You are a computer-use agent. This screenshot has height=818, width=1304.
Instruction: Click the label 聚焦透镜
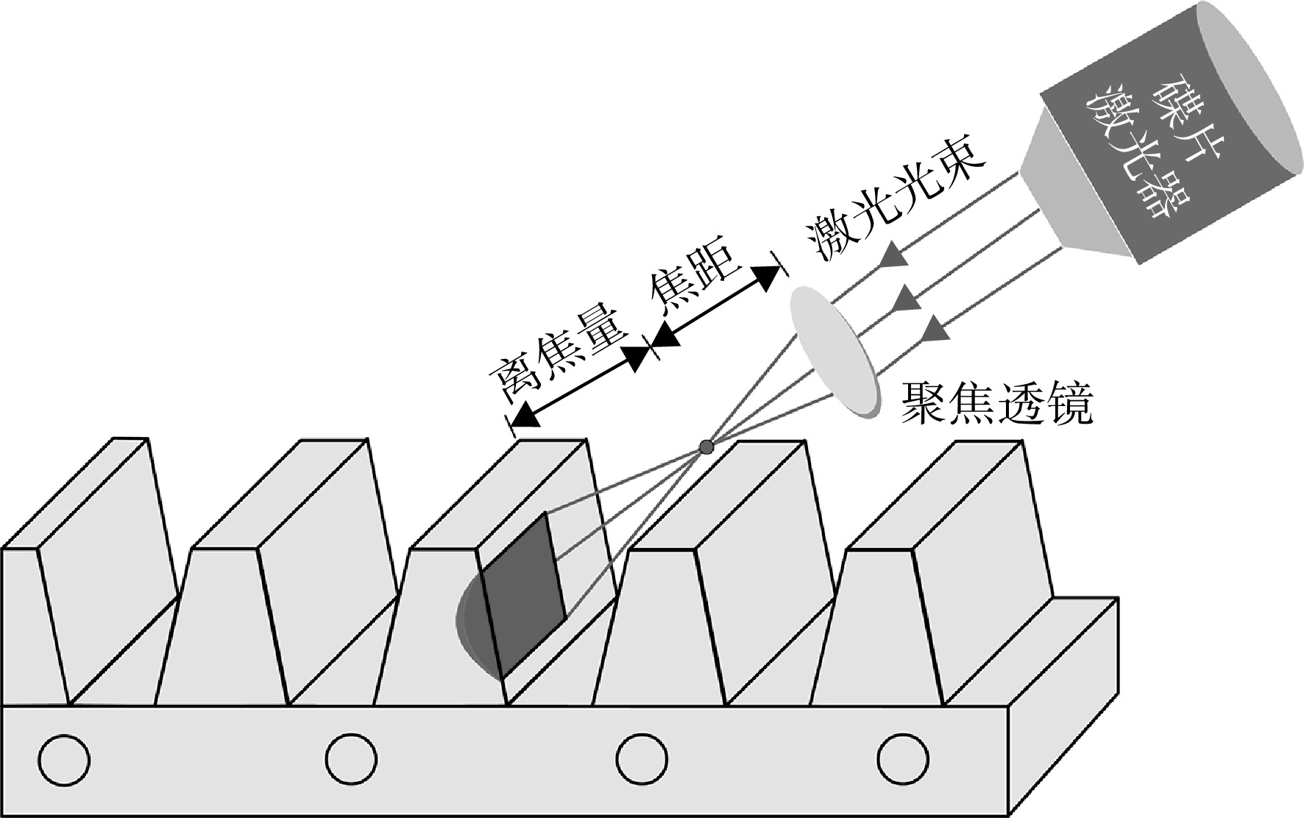(x=997, y=402)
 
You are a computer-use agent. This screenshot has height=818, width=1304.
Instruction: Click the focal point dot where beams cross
(x=706, y=447)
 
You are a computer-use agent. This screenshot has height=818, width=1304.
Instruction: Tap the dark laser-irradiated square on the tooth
(x=523, y=596)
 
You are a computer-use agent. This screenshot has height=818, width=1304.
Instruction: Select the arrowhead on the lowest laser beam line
(x=933, y=329)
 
